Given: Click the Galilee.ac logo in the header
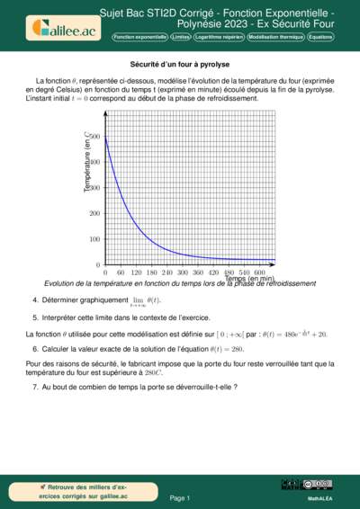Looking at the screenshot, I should coord(65,28).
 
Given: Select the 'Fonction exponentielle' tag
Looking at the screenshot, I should coord(139,38).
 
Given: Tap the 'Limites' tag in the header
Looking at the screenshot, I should coord(180,38).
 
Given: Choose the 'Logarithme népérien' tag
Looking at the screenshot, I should coord(218,38).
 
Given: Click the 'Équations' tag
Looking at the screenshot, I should coord(319,38).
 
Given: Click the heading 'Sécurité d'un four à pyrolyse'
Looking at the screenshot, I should coord(179,65).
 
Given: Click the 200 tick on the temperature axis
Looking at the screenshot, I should coord(94,213).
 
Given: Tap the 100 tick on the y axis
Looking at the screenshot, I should coord(94,239).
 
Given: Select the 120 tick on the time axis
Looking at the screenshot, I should coord(137,272).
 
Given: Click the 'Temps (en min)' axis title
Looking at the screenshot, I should coord(249,279).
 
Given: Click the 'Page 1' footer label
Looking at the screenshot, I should coord(179,497).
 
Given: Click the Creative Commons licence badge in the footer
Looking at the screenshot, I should coord(320,485).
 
